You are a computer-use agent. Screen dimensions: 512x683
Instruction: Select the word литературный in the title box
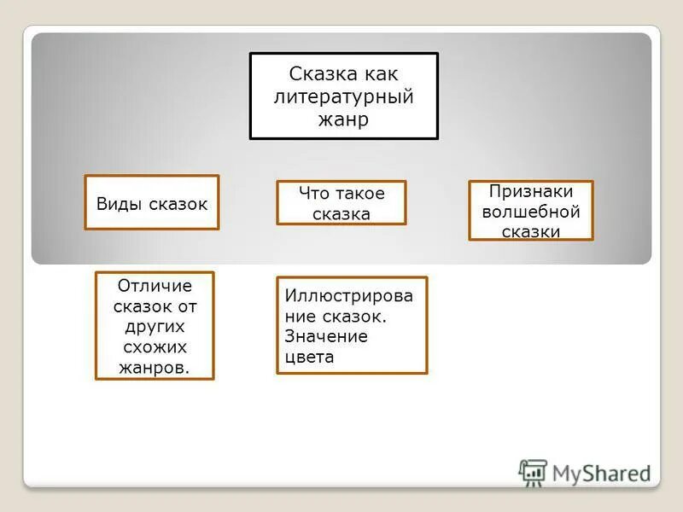click(343, 96)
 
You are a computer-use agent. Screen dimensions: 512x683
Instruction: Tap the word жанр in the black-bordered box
click(343, 119)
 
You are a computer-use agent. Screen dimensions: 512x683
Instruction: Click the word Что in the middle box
click(312, 193)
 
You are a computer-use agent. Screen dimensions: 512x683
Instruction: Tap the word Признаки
click(530, 192)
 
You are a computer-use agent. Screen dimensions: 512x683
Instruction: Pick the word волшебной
click(530, 212)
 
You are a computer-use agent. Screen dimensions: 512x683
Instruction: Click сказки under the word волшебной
click(530, 231)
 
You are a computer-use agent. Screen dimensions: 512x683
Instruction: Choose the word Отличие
click(155, 286)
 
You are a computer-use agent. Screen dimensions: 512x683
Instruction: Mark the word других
click(155, 327)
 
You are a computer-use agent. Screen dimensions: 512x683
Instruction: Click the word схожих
click(155, 347)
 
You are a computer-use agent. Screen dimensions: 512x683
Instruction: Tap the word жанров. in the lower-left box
click(155, 368)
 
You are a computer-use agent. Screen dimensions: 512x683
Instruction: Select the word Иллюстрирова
click(349, 295)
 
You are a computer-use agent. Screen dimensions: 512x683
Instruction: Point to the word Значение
click(326, 336)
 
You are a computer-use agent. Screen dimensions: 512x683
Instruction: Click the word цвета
click(309, 357)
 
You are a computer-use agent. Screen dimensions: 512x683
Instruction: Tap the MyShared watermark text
click(601, 474)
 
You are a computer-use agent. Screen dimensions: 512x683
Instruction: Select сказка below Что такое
click(341, 213)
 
